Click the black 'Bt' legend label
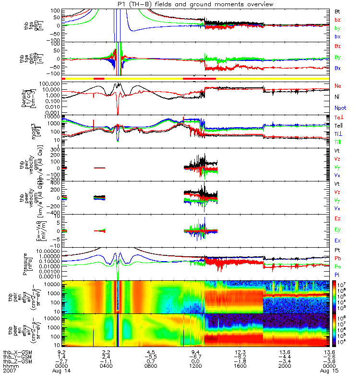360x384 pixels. (338, 10)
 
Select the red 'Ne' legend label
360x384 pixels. (338, 85)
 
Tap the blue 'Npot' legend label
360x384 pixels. (340, 108)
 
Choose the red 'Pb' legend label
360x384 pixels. (338, 258)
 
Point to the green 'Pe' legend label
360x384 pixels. (338, 265)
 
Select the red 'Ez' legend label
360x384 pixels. (338, 219)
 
